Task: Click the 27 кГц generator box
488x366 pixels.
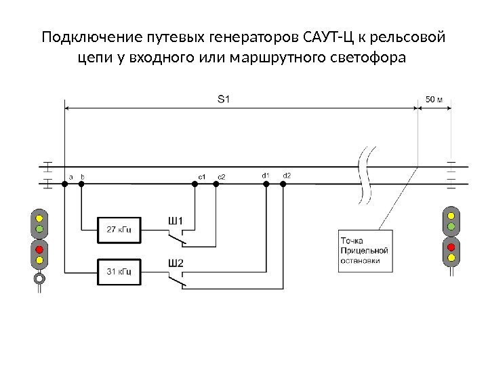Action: (x=119, y=229)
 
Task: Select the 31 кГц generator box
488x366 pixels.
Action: (x=119, y=271)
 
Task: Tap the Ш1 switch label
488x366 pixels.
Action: (x=176, y=220)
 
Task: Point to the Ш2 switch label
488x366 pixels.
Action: (x=176, y=262)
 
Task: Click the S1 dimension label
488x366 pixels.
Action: (x=224, y=99)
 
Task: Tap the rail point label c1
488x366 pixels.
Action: (x=201, y=178)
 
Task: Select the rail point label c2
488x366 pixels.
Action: (x=221, y=178)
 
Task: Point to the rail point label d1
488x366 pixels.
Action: (x=265, y=176)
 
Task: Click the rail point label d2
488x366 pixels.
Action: (x=286, y=176)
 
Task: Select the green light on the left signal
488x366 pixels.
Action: (x=39, y=228)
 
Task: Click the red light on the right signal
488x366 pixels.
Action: (x=451, y=245)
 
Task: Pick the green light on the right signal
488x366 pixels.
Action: (x=451, y=224)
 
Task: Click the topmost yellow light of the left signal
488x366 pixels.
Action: (x=39, y=218)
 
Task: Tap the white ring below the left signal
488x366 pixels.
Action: (x=39, y=277)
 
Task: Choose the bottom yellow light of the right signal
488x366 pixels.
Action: (x=451, y=256)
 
